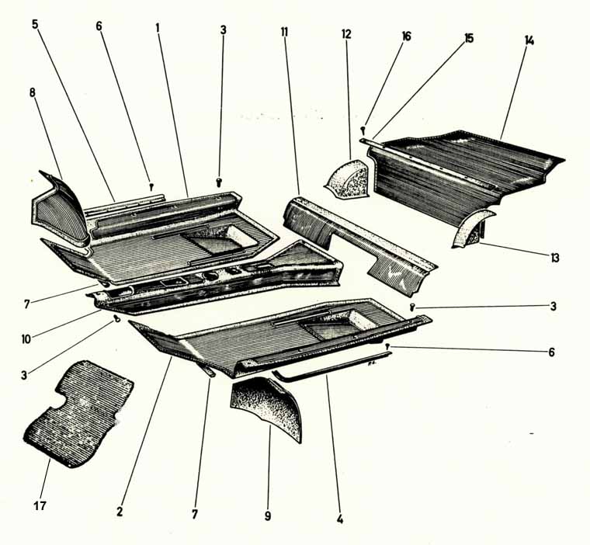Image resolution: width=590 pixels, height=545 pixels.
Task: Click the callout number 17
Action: (40, 505)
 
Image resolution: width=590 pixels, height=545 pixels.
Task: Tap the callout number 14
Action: (529, 40)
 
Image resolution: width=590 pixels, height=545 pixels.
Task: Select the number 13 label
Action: (555, 258)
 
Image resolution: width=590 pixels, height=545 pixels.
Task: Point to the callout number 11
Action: (284, 32)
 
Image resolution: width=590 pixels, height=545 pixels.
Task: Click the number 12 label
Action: (346, 34)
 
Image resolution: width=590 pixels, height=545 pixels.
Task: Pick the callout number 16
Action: (406, 36)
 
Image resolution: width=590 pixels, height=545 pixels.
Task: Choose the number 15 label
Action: (469, 38)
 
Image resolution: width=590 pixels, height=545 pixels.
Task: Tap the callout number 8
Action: (33, 92)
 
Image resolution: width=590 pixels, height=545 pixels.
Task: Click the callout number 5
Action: (35, 25)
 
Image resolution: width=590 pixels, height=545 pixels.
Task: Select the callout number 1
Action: (158, 27)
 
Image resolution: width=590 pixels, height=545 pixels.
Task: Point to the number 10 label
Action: (26, 339)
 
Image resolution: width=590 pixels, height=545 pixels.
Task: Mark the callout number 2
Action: (120, 512)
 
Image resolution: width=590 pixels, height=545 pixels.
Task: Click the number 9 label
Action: (268, 515)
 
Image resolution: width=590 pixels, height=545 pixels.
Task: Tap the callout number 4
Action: (340, 520)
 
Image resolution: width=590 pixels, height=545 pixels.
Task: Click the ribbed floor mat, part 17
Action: (78, 413)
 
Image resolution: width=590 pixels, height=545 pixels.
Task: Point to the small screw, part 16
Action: (363, 130)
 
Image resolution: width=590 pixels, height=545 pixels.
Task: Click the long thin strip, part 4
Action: (331, 365)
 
